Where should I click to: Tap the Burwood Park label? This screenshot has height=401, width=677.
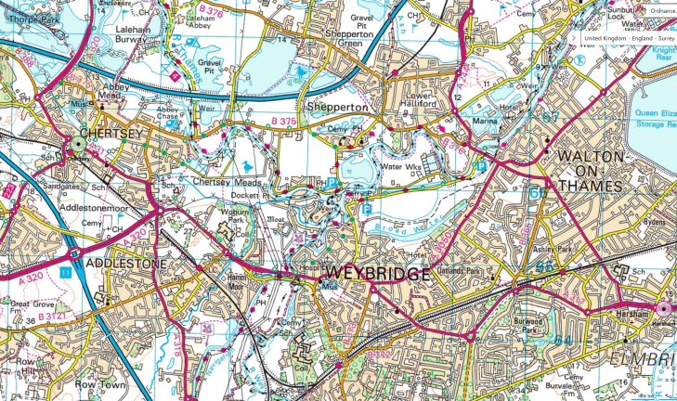click(x=531, y=327)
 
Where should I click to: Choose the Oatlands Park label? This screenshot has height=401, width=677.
click(x=483, y=271)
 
